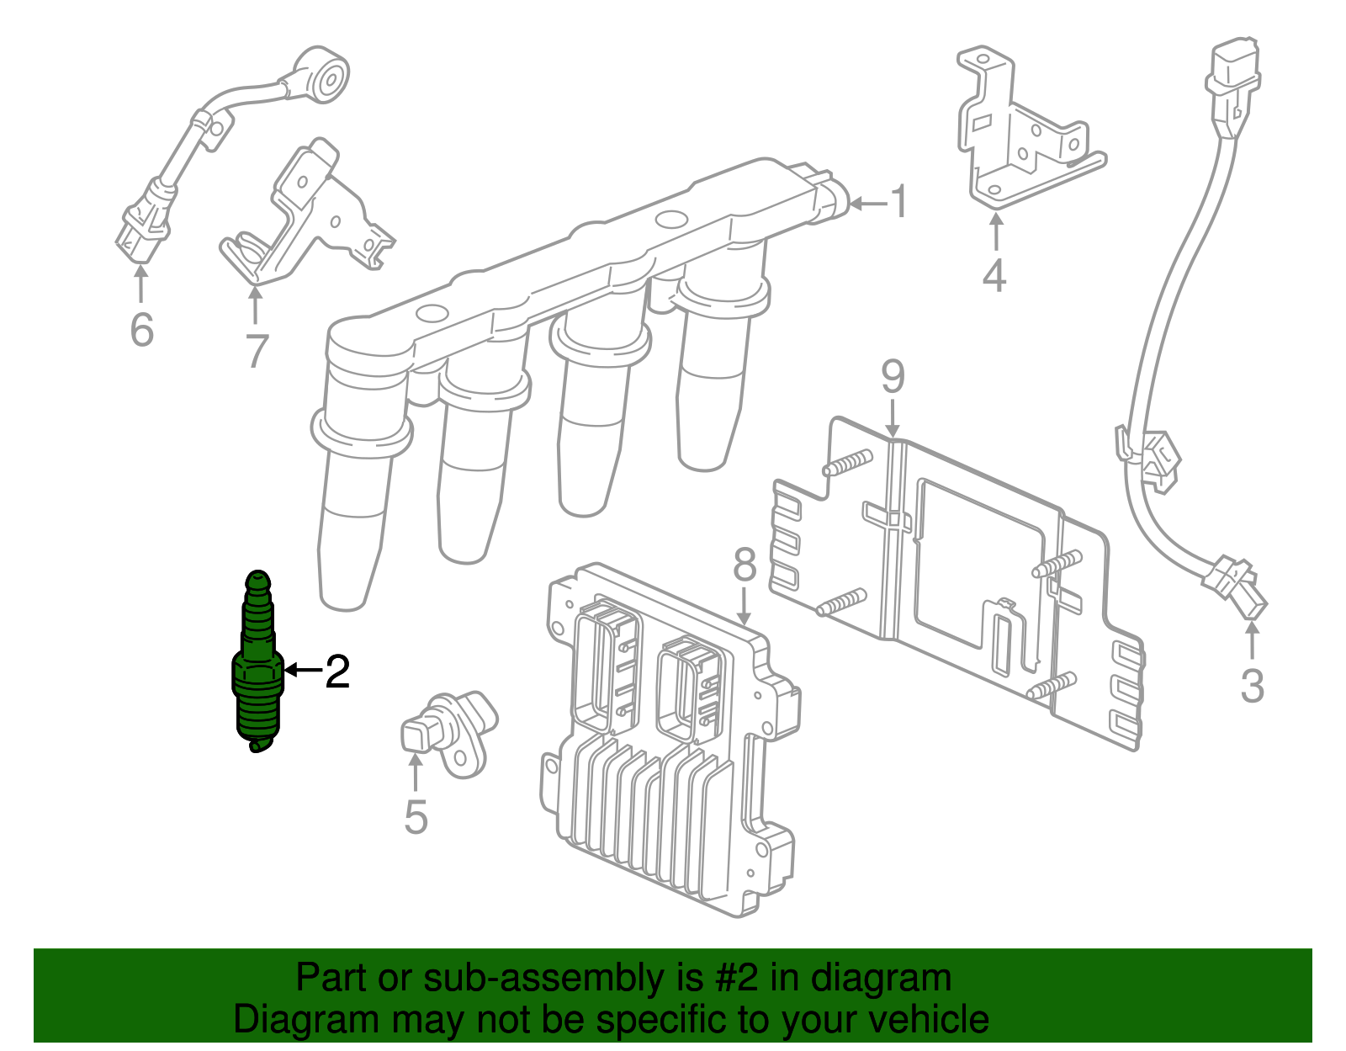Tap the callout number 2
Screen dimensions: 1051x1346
(x=337, y=671)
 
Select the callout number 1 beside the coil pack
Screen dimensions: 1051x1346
(x=899, y=203)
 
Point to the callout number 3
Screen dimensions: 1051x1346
(x=1252, y=686)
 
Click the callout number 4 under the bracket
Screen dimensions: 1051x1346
(x=994, y=276)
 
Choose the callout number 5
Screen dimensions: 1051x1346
(x=416, y=816)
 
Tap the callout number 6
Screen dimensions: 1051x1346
(x=142, y=329)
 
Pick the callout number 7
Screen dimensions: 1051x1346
(x=257, y=352)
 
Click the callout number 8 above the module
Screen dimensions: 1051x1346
(x=745, y=565)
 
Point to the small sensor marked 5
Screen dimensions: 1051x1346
(x=446, y=728)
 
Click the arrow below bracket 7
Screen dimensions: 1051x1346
(x=255, y=305)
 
